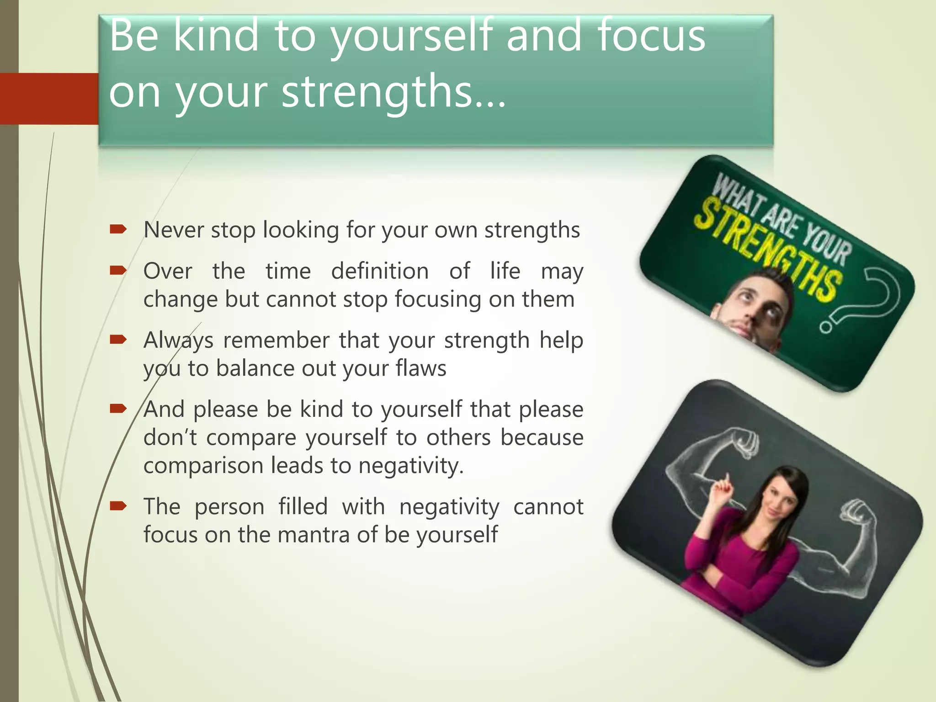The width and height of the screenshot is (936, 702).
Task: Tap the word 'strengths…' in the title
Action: point(394,91)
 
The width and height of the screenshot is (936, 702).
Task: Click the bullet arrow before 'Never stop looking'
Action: point(118,229)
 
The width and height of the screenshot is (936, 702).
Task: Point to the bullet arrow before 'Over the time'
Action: point(118,271)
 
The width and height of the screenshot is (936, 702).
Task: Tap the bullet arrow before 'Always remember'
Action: point(118,340)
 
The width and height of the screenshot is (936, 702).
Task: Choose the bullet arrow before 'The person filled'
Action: point(118,505)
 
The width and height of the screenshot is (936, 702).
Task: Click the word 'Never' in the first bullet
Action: point(174,229)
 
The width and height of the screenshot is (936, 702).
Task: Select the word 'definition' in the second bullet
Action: point(380,271)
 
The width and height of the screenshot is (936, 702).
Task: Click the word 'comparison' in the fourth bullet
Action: point(204,466)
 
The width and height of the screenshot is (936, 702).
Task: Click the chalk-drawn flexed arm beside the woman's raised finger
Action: point(713,457)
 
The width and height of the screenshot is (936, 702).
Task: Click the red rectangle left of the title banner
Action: point(49,98)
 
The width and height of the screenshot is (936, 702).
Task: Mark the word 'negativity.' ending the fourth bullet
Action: point(411,466)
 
